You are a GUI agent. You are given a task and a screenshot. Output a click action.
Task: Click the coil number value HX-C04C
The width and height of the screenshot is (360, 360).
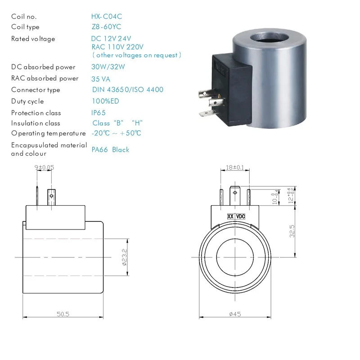click(106, 16)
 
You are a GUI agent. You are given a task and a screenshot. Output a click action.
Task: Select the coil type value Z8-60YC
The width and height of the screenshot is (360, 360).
click(106, 27)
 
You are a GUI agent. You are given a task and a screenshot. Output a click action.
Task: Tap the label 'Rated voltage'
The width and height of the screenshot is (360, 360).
click(33, 39)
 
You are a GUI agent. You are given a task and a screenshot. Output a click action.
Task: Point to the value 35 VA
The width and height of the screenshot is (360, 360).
click(101, 79)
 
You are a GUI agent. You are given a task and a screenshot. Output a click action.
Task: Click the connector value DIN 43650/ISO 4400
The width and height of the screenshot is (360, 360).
click(127, 90)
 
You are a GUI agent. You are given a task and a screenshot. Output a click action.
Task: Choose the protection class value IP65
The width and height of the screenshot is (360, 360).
click(99, 112)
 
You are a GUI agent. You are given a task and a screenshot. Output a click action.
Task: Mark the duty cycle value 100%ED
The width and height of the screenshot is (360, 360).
click(105, 101)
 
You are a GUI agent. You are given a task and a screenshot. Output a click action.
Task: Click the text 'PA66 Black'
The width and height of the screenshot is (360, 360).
click(110, 149)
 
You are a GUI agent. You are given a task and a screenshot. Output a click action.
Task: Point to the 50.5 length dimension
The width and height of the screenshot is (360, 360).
click(63, 314)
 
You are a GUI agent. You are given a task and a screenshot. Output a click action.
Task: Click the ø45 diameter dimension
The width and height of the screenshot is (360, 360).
click(234, 314)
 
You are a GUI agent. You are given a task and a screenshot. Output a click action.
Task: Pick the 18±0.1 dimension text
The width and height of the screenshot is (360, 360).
click(234, 167)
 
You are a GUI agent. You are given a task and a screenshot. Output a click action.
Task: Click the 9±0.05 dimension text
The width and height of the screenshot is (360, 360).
click(45, 167)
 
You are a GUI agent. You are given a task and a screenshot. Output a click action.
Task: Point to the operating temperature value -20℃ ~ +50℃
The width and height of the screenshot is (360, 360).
click(116, 133)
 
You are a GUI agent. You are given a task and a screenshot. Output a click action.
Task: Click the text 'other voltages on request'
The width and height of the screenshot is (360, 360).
click(137, 55)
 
